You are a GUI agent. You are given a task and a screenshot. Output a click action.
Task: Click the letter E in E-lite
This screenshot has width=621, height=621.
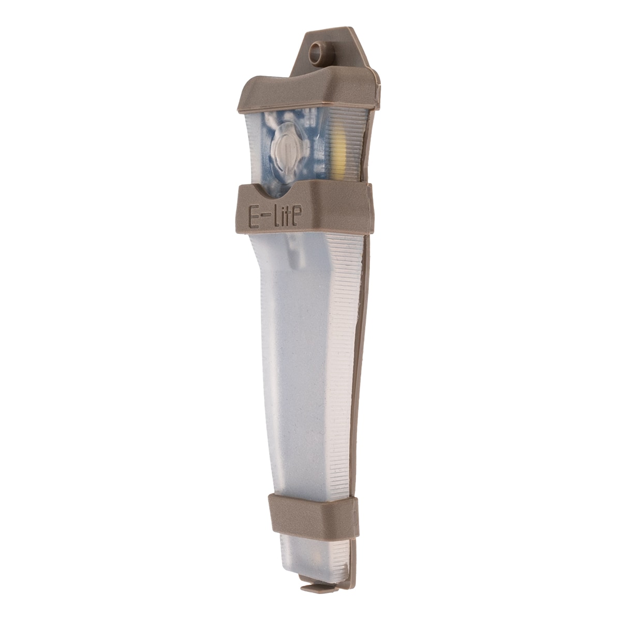pyautogui.click(x=255, y=217)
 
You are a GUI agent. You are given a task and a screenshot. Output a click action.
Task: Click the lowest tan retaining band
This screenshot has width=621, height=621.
pyautogui.click(x=313, y=515)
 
